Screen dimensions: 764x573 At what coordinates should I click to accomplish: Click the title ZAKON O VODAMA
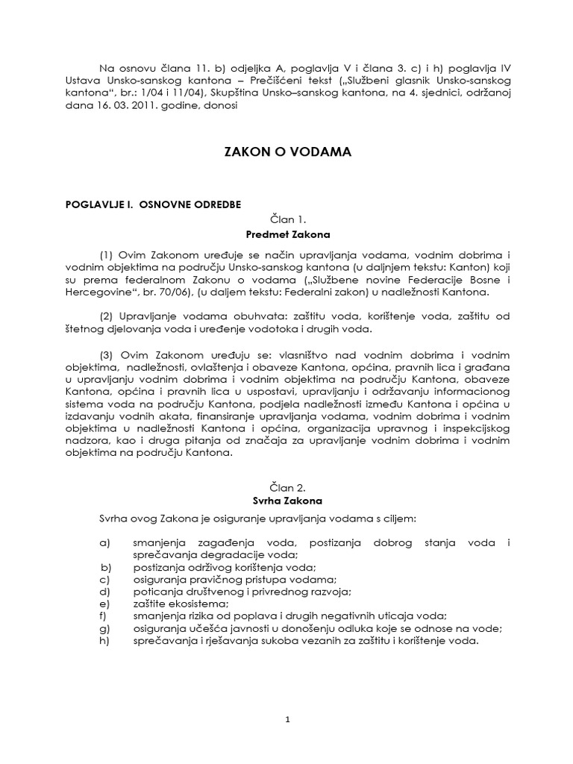[287, 152]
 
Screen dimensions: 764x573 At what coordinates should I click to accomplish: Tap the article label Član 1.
[287, 220]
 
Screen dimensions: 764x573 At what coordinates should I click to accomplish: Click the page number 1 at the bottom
[287, 720]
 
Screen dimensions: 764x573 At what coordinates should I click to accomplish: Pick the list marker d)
[104, 592]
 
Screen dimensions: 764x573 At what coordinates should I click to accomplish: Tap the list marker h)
[104, 640]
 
